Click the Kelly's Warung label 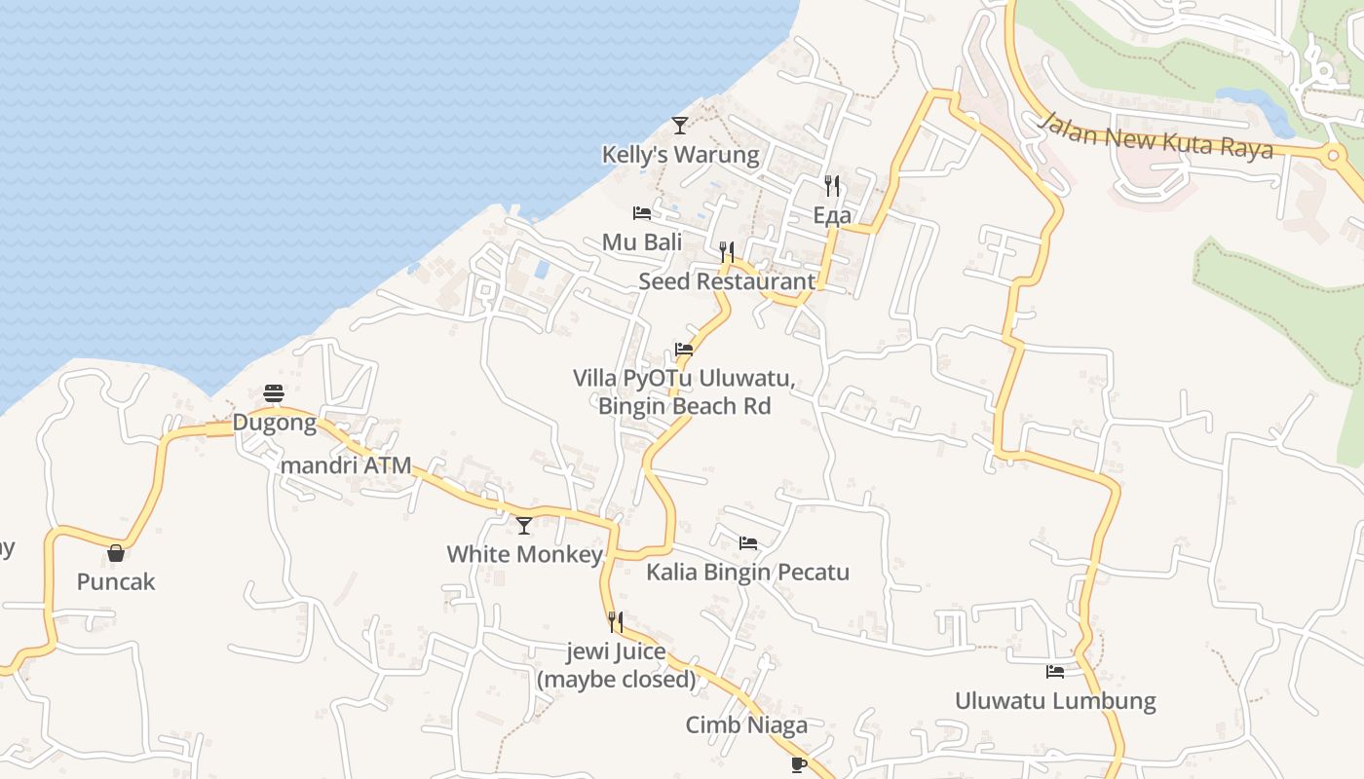[680, 155]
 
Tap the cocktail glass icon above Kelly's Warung [680, 125]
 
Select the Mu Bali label [642, 241]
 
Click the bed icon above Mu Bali [642, 212]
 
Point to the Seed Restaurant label [727, 281]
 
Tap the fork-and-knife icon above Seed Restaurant [726, 251]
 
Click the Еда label [832, 215]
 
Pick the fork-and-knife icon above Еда [832, 185]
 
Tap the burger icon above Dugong [274, 393]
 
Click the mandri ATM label [346, 465]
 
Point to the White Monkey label [524, 554]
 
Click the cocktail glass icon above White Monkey [524, 525]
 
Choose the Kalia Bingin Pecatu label [747, 572]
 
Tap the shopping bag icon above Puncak [116, 553]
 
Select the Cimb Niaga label [746, 724]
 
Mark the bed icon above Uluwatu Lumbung [1055, 671]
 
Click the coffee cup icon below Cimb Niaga [799, 764]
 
